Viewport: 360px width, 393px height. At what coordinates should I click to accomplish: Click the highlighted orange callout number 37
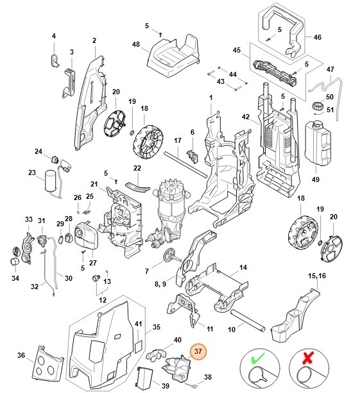[x=198, y=351]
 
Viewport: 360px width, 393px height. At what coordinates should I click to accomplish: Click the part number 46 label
[x=316, y=37]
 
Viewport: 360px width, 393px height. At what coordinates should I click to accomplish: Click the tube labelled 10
[x=248, y=319]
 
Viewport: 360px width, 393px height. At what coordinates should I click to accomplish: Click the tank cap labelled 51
[x=316, y=106]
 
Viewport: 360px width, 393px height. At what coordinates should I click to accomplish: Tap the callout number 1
[x=210, y=97]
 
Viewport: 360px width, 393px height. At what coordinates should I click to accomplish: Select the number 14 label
[x=243, y=267]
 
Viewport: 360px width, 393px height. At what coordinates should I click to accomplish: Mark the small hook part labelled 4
[x=55, y=60]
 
